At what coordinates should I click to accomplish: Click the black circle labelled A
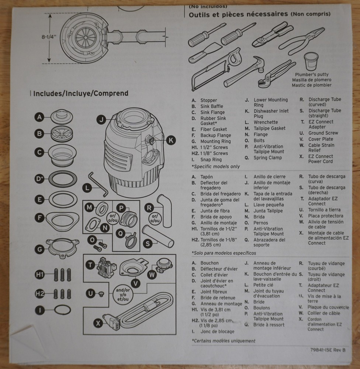39,117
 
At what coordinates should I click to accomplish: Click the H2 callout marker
40,294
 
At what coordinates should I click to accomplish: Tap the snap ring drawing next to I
61,310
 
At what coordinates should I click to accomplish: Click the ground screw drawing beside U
102,294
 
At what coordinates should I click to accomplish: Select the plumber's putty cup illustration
311,61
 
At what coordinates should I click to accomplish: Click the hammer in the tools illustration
245,72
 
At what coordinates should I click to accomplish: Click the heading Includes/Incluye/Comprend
81,93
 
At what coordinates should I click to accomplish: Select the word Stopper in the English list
209,100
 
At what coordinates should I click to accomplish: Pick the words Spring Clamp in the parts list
267,158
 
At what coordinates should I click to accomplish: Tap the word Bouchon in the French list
210,263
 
